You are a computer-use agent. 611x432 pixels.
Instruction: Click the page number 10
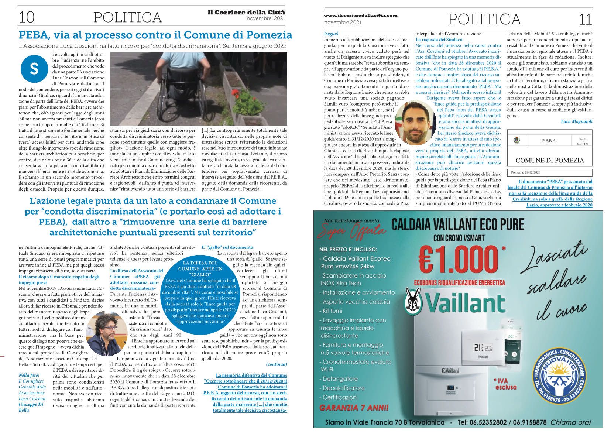pos(27,17)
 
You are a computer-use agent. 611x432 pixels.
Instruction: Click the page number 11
pos(585,19)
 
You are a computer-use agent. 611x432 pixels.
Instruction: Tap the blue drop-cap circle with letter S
pos(34,69)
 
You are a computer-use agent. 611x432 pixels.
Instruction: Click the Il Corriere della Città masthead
pos(246,12)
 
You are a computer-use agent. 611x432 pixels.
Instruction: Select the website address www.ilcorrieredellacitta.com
pos(360,15)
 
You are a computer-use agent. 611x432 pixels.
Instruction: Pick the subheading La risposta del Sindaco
pos(439,39)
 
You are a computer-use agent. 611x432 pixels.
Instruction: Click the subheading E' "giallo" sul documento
pos(227,247)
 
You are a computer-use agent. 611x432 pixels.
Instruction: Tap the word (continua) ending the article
pos(276,364)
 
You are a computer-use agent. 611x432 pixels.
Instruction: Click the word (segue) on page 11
pos(331,34)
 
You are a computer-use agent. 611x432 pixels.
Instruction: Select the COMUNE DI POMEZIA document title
pos(549,160)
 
